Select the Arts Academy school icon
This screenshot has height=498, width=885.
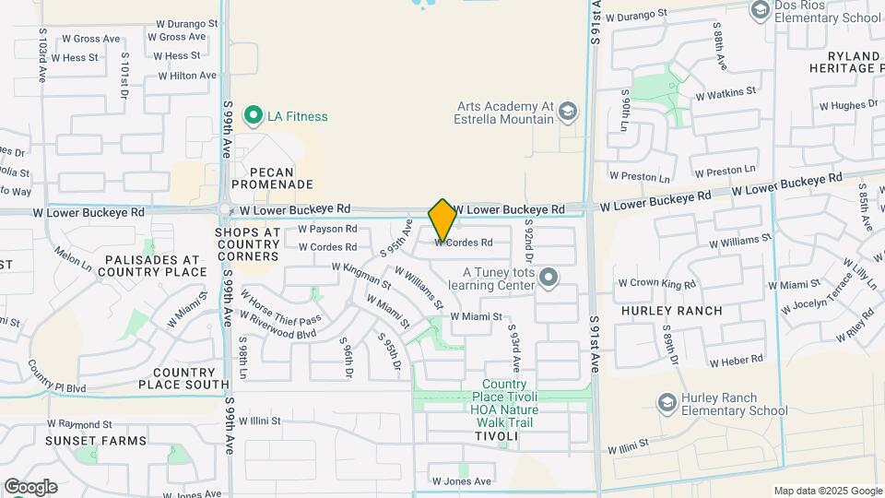pyautogui.click(x=569, y=113)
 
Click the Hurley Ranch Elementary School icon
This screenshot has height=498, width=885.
pyautogui.click(x=667, y=401)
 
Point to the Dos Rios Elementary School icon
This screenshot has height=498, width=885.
pyautogui.click(x=761, y=10)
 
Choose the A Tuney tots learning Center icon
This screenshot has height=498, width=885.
pyautogui.click(x=549, y=278)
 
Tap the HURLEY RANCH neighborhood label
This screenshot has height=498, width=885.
pyautogui.click(x=672, y=311)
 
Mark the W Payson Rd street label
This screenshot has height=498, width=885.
pyautogui.click(x=327, y=229)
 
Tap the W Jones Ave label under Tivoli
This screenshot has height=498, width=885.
pyautogui.click(x=462, y=481)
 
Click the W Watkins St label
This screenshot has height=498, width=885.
pyautogui.click(x=726, y=93)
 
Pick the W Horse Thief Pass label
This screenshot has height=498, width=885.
pyautogui.click(x=282, y=308)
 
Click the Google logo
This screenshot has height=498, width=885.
pyautogui.click(x=30, y=486)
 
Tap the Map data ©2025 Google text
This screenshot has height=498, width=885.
pyautogui.click(x=827, y=491)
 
